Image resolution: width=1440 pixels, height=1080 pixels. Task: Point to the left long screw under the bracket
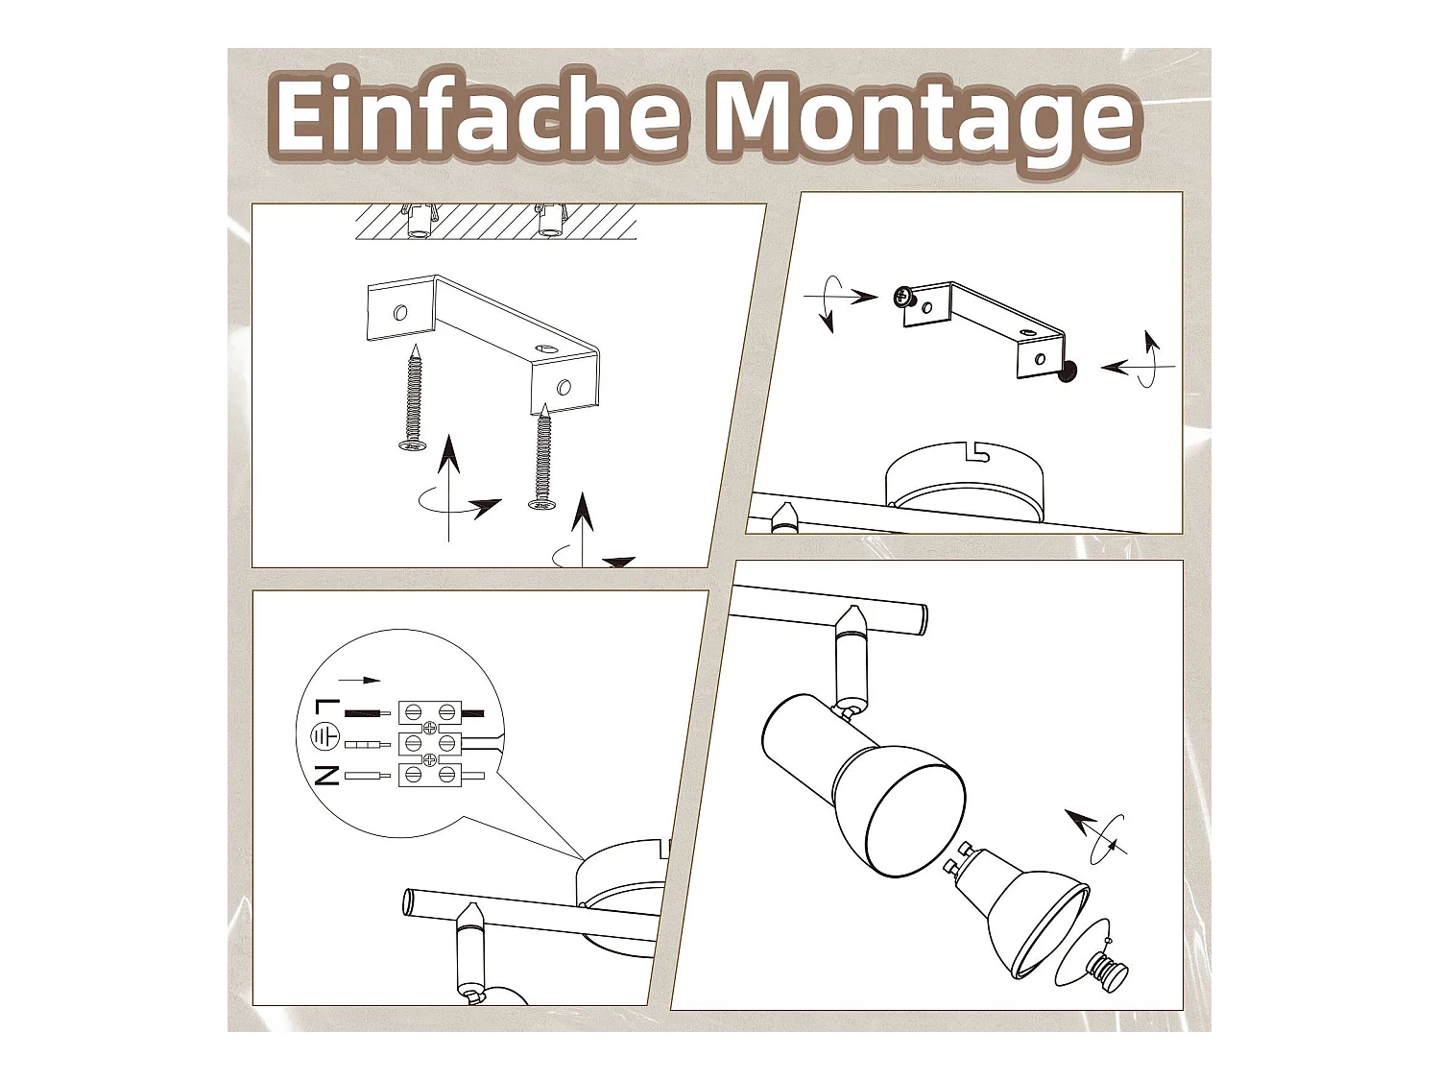point(415,398)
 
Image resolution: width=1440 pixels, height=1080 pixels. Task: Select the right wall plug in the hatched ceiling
point(550,221)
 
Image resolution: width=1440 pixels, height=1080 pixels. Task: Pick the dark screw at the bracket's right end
point(1066,372)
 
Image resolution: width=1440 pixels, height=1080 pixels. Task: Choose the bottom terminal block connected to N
point(429,774)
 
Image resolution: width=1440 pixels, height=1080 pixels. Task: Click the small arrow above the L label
point(359,680)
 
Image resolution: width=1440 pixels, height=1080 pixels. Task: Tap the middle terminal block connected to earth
point(429,743)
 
